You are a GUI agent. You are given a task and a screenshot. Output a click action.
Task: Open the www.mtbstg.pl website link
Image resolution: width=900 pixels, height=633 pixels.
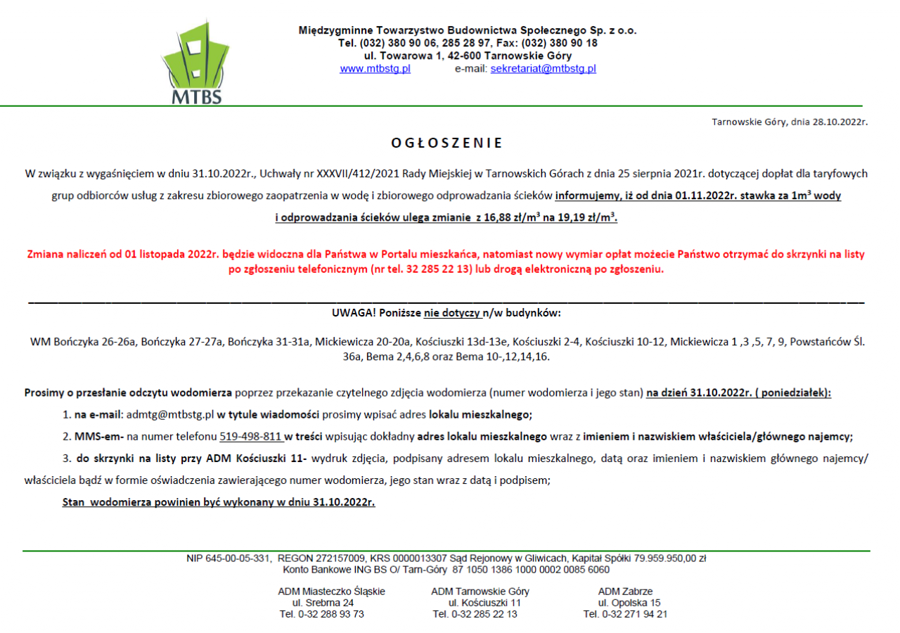[375, 69]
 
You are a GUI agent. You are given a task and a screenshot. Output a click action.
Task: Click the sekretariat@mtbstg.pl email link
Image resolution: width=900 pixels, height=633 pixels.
[543, 69]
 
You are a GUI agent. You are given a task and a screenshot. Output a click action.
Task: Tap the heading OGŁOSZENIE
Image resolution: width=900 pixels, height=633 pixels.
[447, 143]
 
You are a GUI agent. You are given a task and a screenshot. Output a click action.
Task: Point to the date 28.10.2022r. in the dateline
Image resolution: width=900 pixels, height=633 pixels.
[840, 122]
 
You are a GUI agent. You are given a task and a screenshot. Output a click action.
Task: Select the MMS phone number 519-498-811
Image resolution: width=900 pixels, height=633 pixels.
[251, 437]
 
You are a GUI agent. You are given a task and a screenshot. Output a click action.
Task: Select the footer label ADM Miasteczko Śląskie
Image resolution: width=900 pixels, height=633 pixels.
[331, 592]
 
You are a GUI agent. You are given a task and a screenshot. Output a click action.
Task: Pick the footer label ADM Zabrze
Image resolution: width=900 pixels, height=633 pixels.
[625, 592]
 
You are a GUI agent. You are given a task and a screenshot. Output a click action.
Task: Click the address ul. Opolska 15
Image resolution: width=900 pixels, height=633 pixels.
[629, 603]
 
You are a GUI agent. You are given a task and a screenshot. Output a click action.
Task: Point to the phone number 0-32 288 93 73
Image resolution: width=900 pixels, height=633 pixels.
[330, 614]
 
